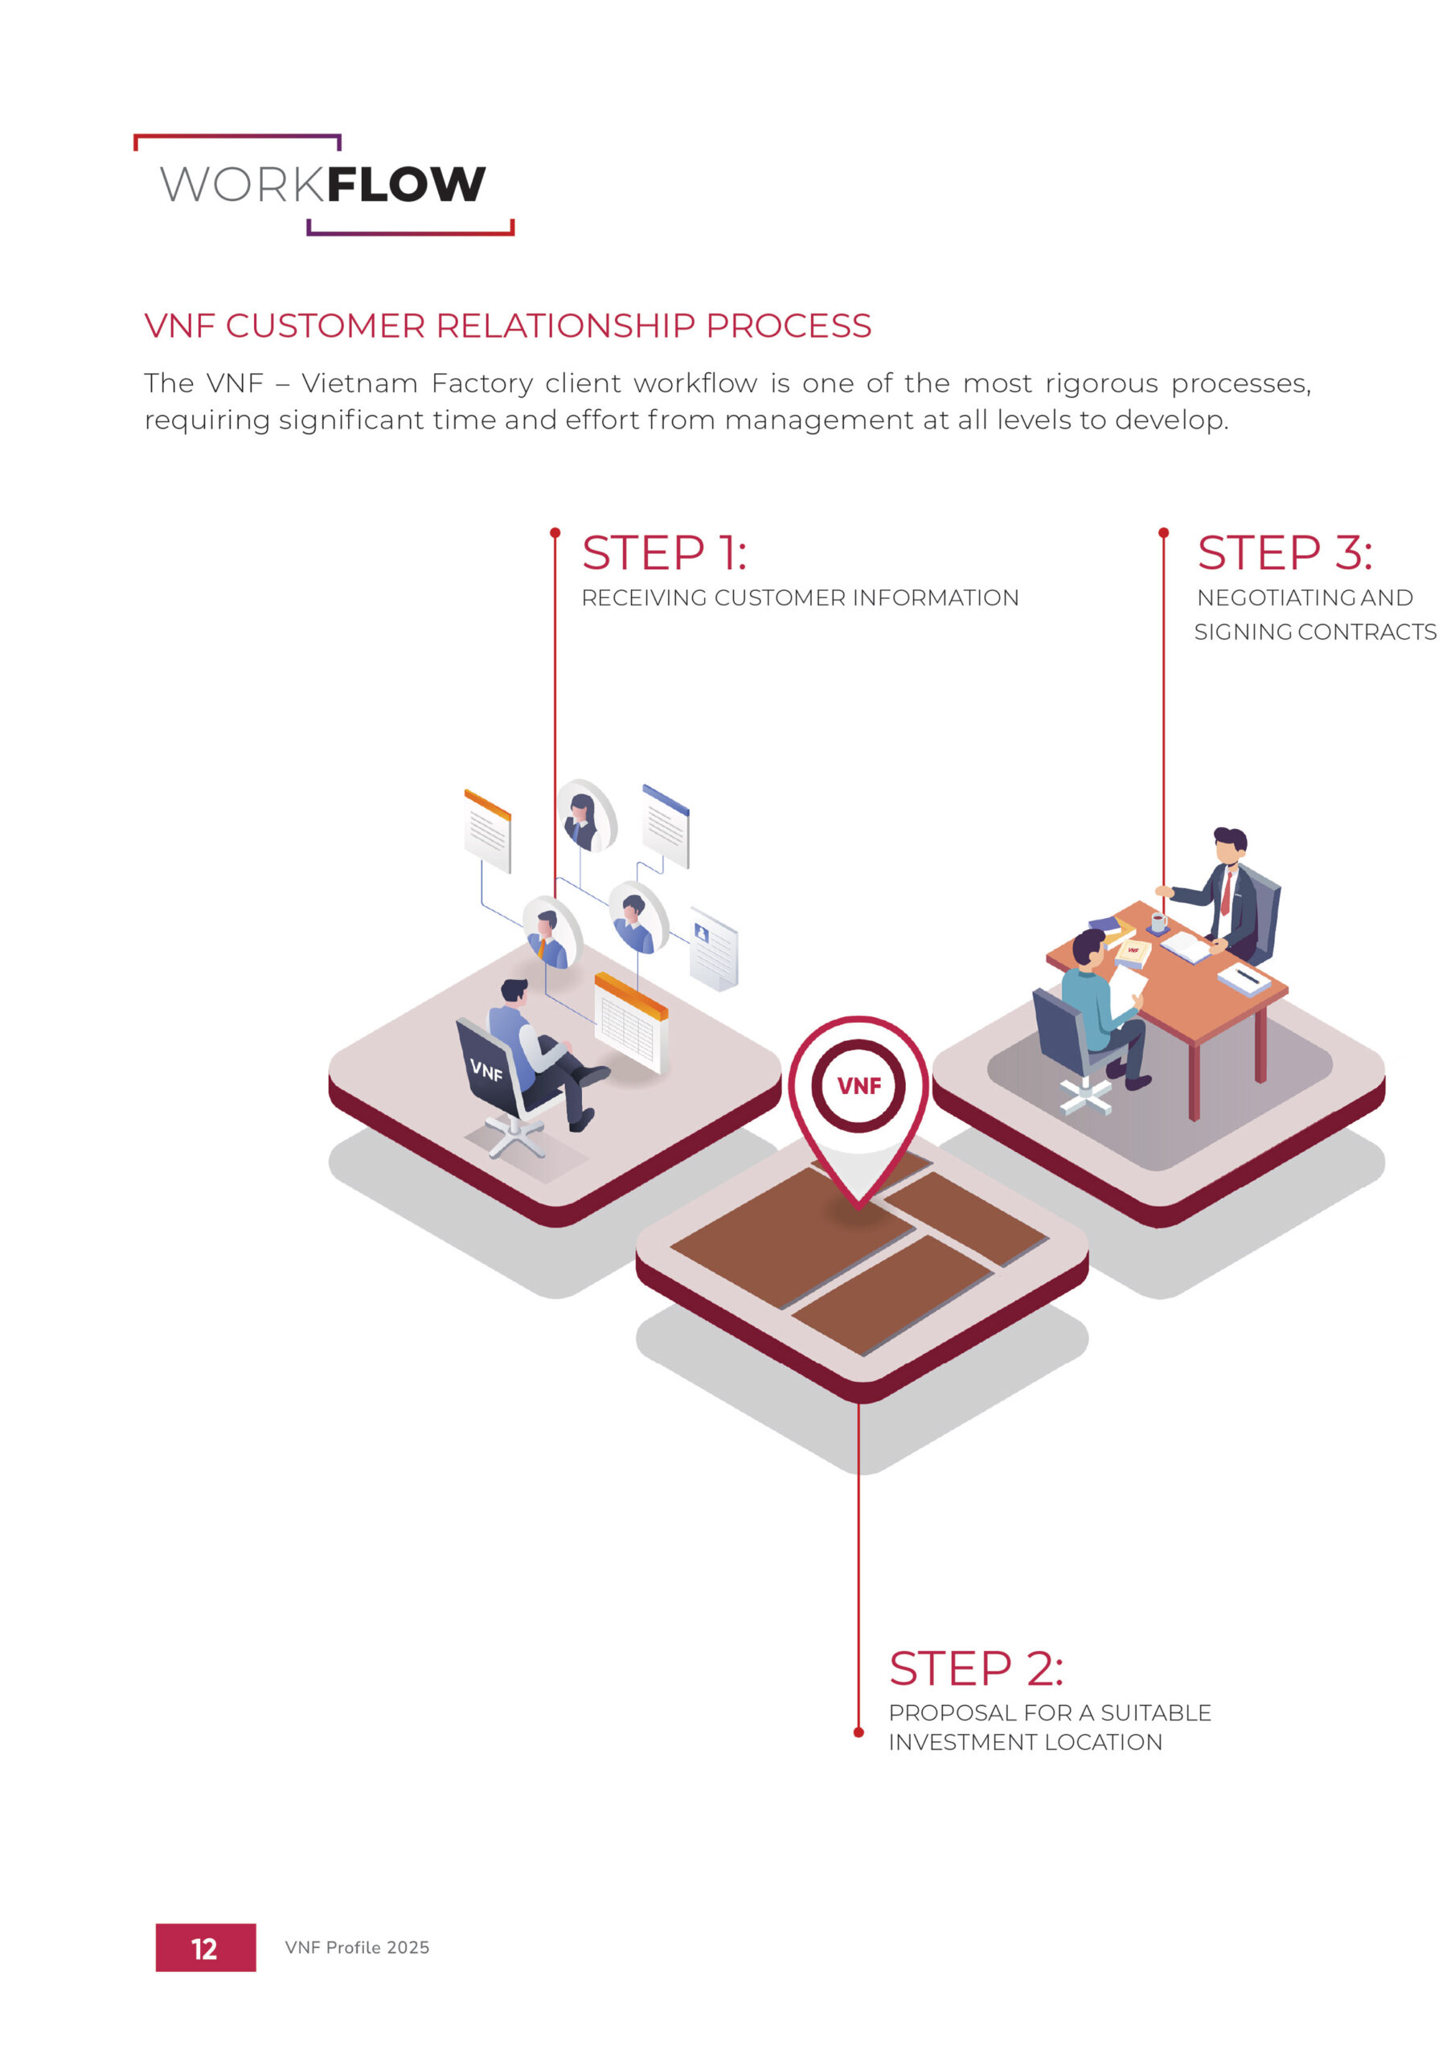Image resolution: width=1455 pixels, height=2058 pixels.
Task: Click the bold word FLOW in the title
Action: pyautogui.click(x=405, y=185)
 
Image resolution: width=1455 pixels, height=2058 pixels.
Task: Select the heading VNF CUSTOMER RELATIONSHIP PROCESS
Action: pyautogui.click(x=507, y=326)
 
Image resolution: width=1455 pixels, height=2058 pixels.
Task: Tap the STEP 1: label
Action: pyautogui.click(x=663, y=552)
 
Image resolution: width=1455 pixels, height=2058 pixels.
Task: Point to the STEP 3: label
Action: pyautogui.click(x=1284, y=552)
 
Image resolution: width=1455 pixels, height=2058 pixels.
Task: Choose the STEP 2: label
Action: pyautogui.click(x=975, y=1668)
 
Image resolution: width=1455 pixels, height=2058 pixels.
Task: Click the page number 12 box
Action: pyautogui.click(x=205, y=1948)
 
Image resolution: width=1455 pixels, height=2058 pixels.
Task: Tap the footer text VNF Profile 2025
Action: pyautogui.click(x=357, y=1948)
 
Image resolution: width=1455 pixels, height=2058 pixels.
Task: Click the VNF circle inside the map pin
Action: pyautogui.click(x=859, y=1085)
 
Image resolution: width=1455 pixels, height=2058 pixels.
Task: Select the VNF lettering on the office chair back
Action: pyautogui.click(x=486, y=1069)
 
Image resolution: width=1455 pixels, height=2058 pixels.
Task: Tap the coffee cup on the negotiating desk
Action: pyautogui.click(x=1158, y=921)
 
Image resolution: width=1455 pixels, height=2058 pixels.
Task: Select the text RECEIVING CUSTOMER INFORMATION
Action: pyautogui.click(x=800, y=598)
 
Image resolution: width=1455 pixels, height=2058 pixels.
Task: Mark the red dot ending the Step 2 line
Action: pyautogui.click(x=858, y=1732)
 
